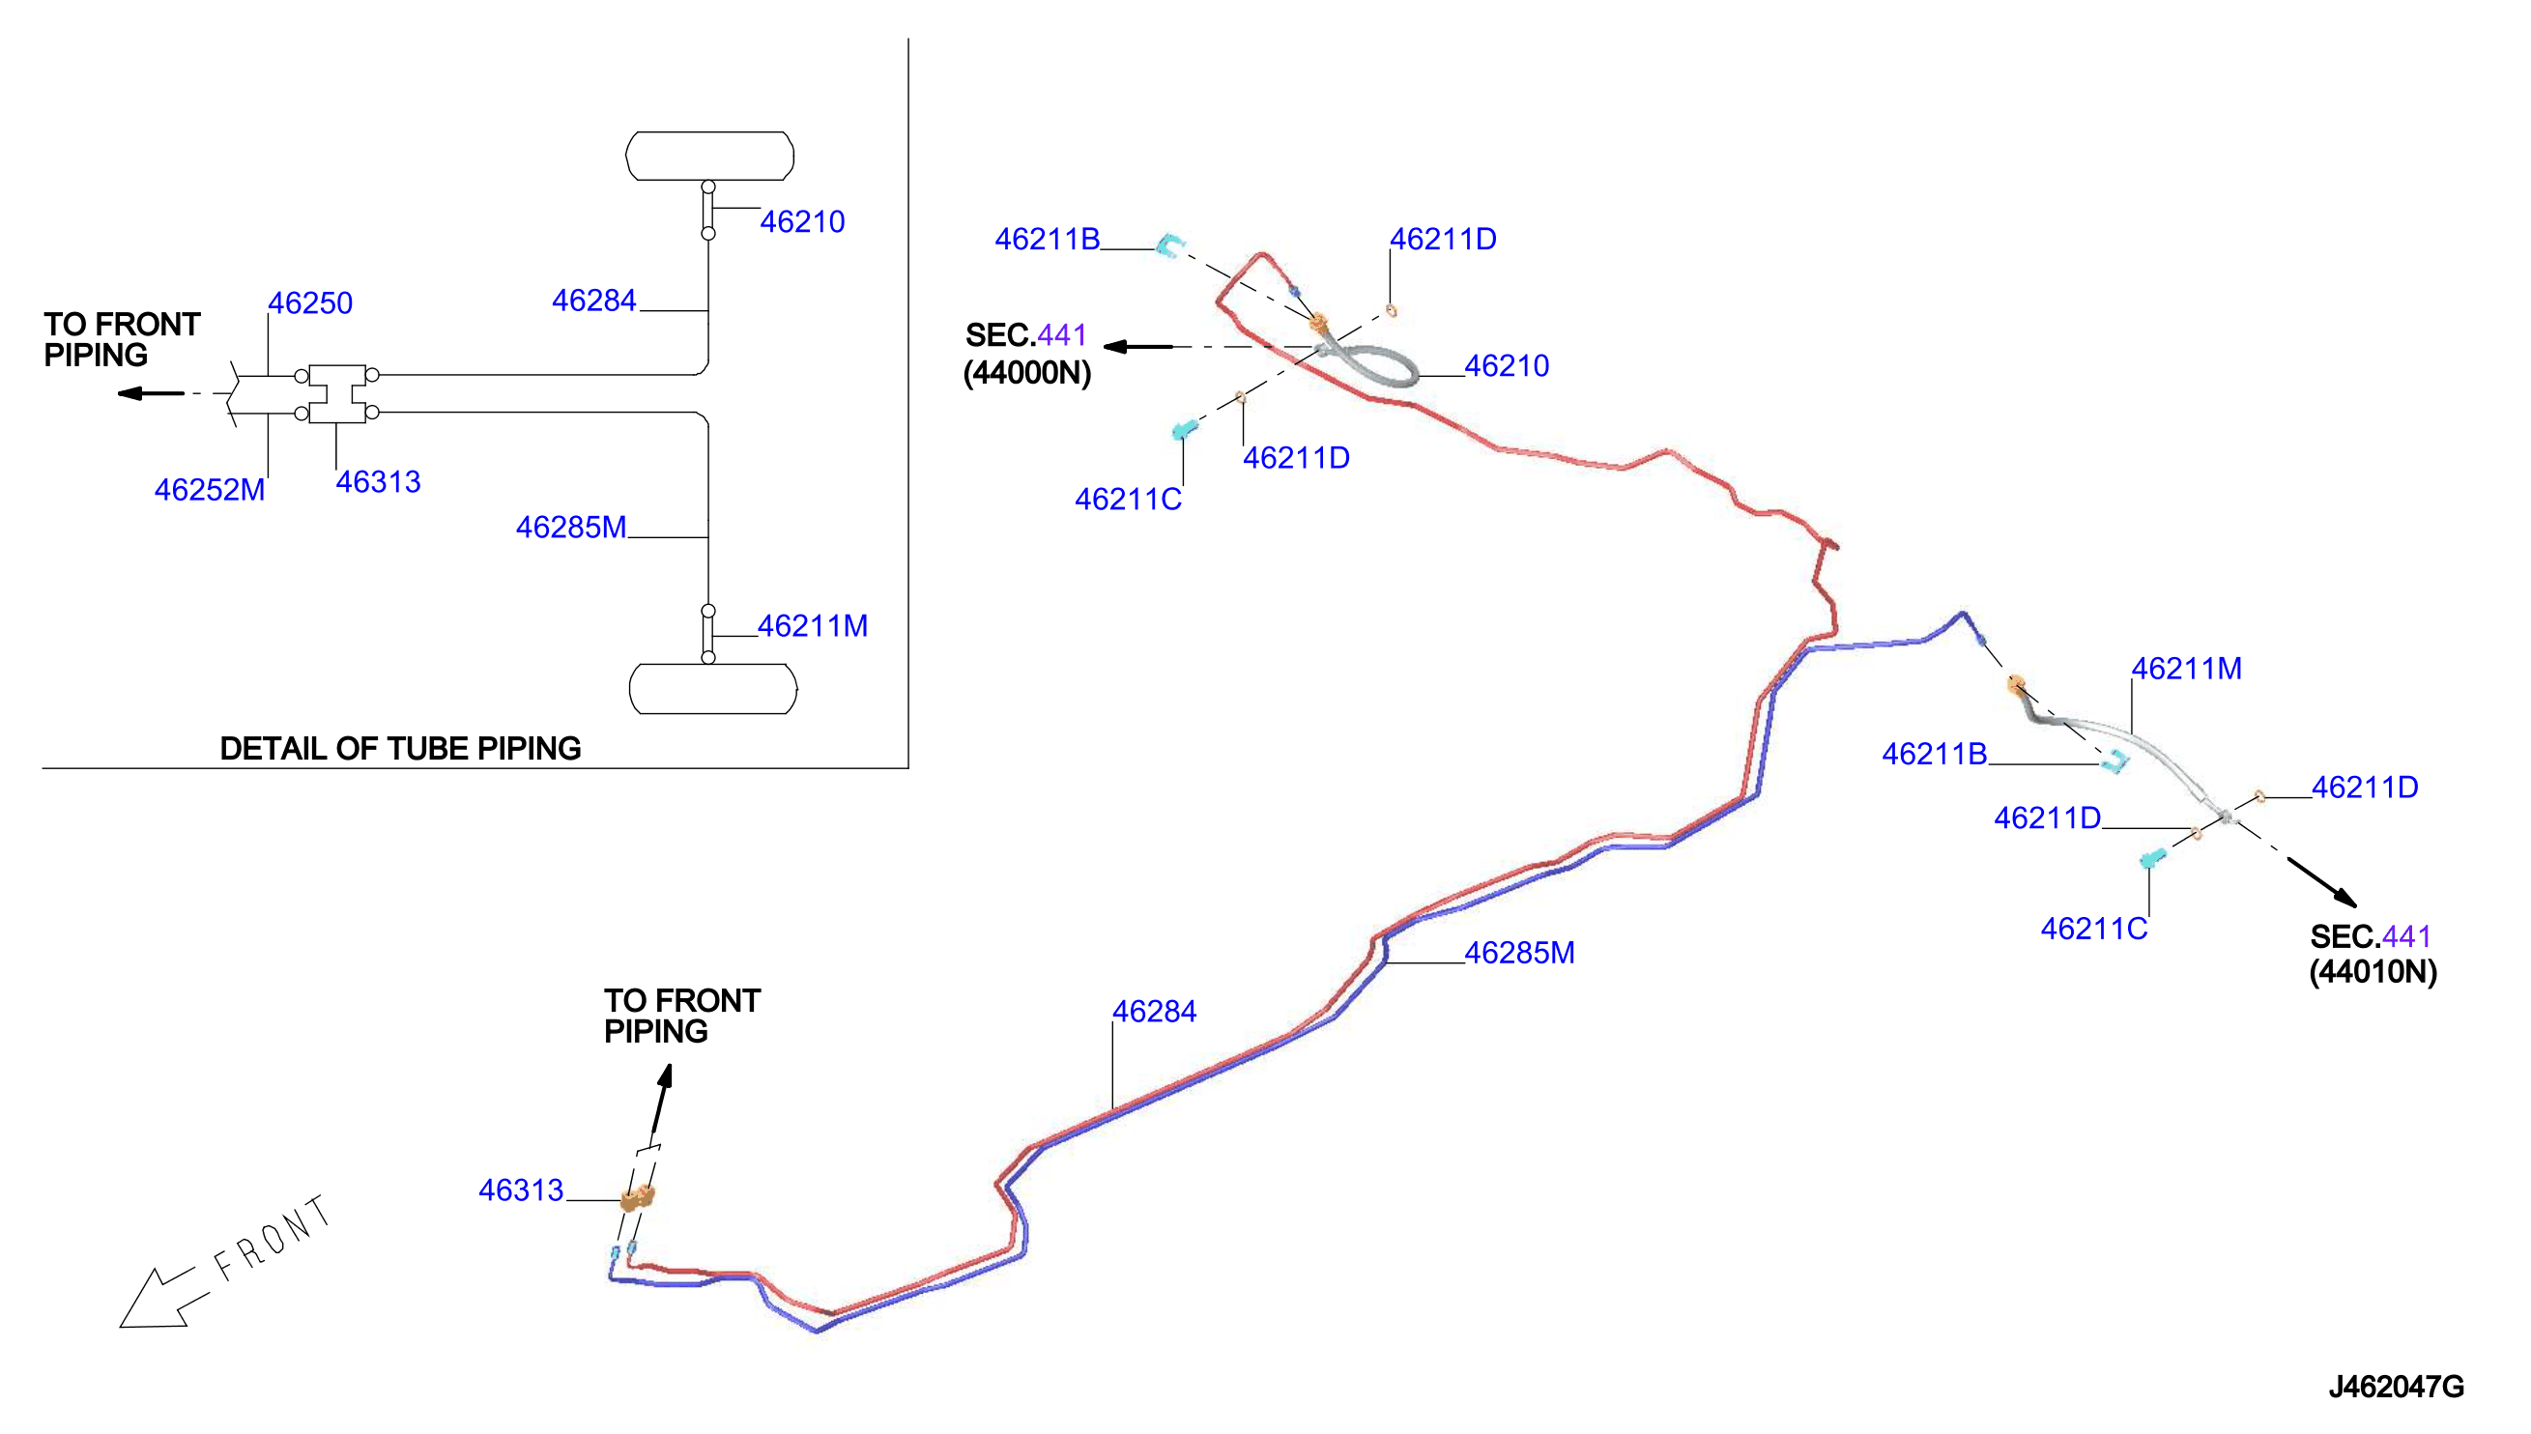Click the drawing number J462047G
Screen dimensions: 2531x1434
[x=2395, y=1387]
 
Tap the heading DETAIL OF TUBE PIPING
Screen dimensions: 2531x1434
[x=400, y=749]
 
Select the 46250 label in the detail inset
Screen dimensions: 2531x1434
[x=310, y=302]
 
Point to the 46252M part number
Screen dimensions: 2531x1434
[x=210, y=490]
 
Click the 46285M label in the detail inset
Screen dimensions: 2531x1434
[x=571, y=527]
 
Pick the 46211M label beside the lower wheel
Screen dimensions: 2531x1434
[x=813, y=625]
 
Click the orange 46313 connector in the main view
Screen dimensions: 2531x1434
[x=637, y=1197]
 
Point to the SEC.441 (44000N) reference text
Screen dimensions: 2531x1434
[x=1027, y=354]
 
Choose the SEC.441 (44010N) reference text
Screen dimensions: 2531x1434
[x=2373, y=954]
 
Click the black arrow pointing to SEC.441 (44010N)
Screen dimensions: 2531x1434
[x=2321, y=881]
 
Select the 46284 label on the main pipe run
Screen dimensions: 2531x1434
[x=1154, y=1012]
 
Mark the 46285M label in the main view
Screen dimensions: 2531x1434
[x=1519, y=953]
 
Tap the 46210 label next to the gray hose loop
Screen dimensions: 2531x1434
[x=1507, y=365]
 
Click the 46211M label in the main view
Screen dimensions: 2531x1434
[x=2186, y=669]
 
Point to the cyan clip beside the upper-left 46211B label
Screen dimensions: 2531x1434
[x=1169, y=245]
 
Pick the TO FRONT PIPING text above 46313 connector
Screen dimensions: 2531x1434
[x=681, y=1016]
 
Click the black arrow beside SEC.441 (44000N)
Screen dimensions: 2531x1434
[x=1138, y=347]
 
